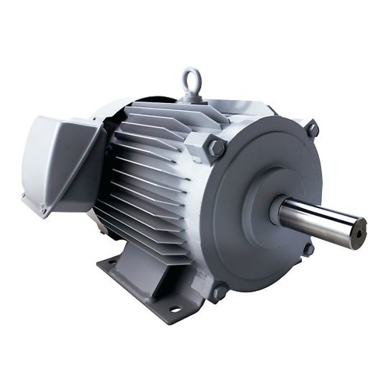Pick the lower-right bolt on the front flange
(x=308, y=249)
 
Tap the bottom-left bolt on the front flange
(x=218, y=291)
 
